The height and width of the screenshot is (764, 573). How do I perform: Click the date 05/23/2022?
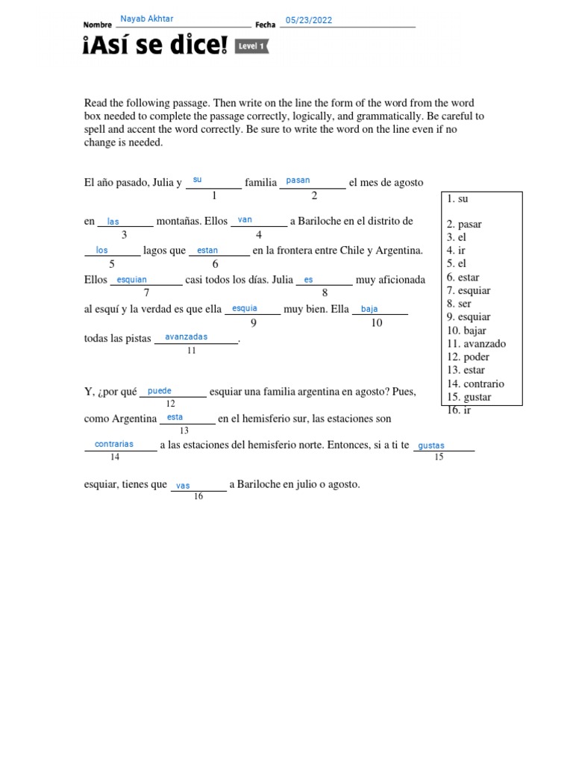click(309, 20)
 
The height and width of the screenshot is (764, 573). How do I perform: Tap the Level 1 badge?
click(251, 46)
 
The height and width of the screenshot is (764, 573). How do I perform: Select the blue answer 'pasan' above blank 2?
click(298, 181)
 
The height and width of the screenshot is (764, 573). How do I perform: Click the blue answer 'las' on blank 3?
click(113, 222)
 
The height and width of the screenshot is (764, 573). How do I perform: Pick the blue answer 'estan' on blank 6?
click(207, 251)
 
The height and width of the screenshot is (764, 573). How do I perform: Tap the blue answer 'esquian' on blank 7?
click(132, 280)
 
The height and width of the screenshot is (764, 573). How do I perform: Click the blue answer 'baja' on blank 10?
click(369, 309)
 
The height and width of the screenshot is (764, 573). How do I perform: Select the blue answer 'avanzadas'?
click(187, 337)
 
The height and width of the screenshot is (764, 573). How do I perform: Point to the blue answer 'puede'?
click(160, 390)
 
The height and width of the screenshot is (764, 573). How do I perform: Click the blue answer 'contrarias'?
click(114, 444)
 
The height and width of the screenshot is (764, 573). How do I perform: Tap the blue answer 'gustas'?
click(431, 445)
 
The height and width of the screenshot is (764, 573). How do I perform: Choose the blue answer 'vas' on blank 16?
click(184, 486)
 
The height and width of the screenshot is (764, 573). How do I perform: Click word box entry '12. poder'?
click(468, 357)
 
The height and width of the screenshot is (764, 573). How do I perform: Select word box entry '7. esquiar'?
click(469, 290)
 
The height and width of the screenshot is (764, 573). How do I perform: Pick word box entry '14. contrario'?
click(475, 384)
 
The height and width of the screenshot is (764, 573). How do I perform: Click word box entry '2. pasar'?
click(464, 224)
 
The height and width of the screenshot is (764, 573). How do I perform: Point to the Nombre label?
click(98, 25)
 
